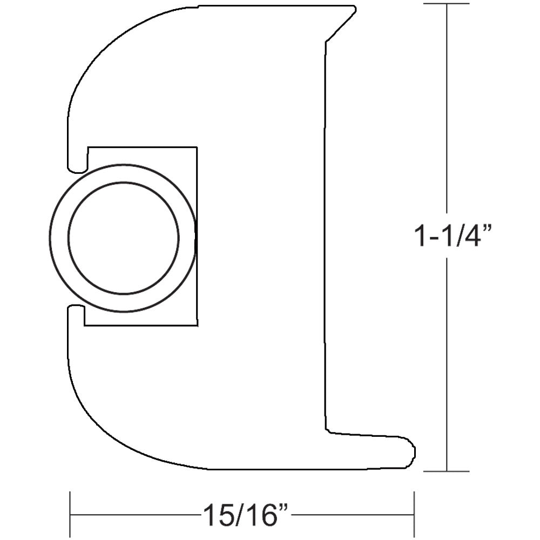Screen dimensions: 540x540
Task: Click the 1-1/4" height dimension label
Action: (x=453, y=236)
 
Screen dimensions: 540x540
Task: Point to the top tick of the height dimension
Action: (x=447, y=4)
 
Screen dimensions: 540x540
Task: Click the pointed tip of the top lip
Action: (x=354, y=10)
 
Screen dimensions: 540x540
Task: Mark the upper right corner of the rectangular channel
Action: (x=195, y=147)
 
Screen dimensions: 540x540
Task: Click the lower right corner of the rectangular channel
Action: (x=195, y=326)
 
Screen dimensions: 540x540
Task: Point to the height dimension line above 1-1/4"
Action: (x=447, y=108)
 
